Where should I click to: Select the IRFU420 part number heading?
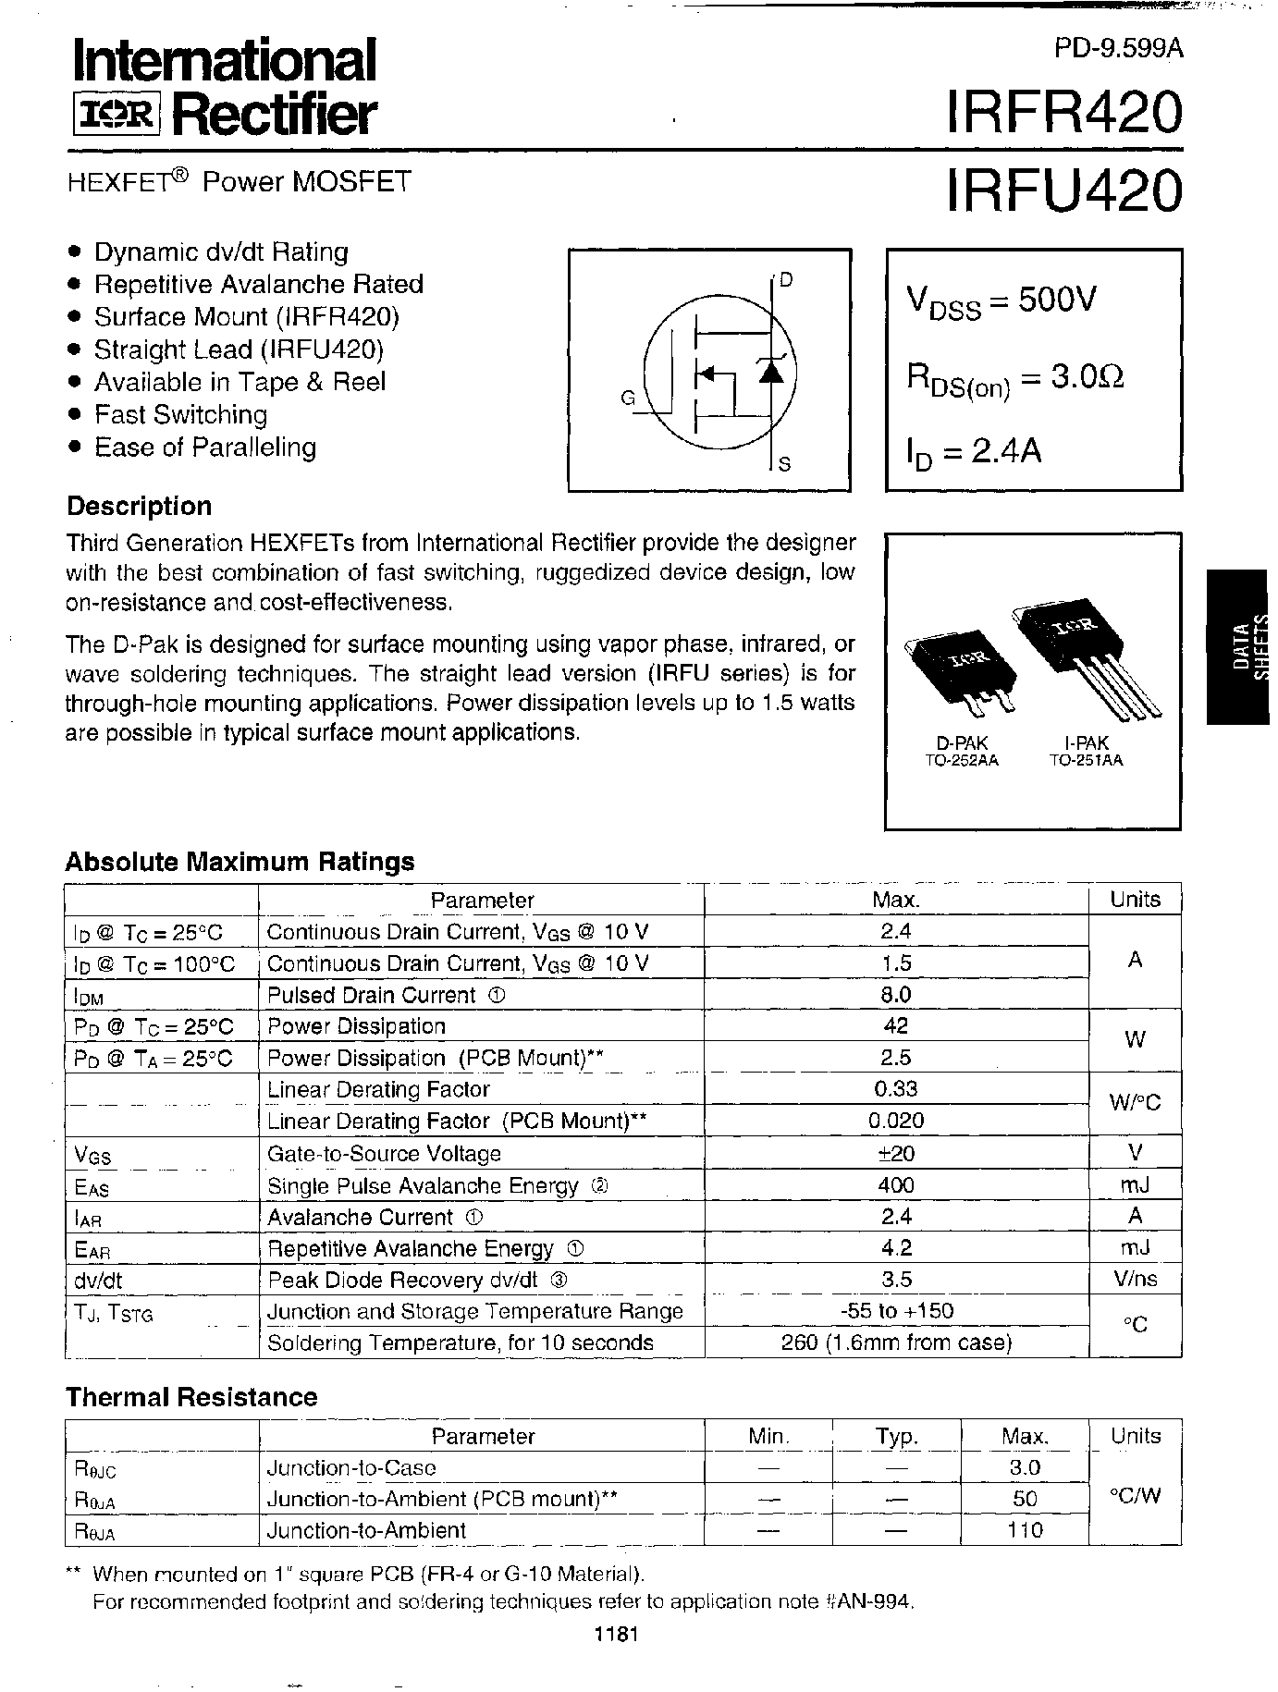(1063, 189)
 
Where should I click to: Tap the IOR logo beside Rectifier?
(115, 115)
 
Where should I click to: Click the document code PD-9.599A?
(1118, 49)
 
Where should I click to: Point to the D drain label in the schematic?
(785, 281)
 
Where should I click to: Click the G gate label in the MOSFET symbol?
(628, 399)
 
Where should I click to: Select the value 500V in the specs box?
(1057, 300)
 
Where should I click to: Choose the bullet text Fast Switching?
(181, 414)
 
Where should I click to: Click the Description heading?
(139, 506)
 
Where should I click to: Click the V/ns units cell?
(1135, 1280)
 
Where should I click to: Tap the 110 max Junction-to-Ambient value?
(1025, 1530)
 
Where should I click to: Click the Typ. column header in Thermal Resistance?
(895, 1437)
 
